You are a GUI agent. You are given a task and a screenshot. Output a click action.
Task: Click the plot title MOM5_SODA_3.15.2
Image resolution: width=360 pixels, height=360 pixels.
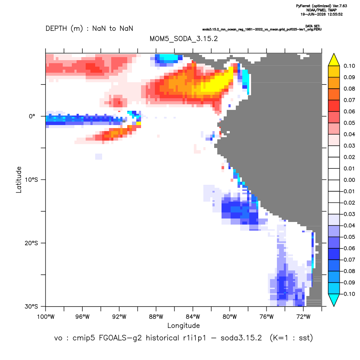(x=183, y=39)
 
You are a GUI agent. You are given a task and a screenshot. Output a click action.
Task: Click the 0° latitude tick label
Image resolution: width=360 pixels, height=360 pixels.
(x=32, y=116)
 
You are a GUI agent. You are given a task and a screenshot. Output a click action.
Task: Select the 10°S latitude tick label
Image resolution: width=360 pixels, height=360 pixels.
(x=31, y=180)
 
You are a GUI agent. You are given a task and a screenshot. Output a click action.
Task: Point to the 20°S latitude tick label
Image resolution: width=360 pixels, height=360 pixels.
(x=31, y=243)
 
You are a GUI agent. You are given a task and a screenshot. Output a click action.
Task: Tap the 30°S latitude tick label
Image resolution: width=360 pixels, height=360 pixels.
(x=31, y=306)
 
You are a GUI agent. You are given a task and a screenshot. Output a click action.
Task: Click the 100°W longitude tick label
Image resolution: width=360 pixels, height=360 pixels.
(x=46, y=317)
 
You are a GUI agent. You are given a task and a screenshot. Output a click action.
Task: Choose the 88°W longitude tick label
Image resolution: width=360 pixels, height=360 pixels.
(x=156, y=317)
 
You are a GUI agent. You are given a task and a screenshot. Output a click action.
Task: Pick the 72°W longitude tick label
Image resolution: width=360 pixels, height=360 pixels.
(x=303, y=317)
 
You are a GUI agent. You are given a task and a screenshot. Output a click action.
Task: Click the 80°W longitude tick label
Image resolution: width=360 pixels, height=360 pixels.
(x=230, y=317)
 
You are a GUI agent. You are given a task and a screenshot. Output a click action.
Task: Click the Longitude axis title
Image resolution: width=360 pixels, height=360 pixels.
(x=183, y=325)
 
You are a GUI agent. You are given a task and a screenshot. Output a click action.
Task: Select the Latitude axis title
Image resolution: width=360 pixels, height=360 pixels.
(x=19, y=180)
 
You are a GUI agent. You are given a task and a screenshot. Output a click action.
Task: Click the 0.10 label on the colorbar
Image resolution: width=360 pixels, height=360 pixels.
(x=349, y=66)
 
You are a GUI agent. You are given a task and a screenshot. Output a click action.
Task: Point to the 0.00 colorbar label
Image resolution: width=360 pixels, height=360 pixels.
(x=349, y=180)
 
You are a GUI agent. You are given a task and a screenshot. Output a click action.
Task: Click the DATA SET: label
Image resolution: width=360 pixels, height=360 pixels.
(x=313, y=26)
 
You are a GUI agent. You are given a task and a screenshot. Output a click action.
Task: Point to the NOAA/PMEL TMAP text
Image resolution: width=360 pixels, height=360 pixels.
(x=321, y=10)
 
